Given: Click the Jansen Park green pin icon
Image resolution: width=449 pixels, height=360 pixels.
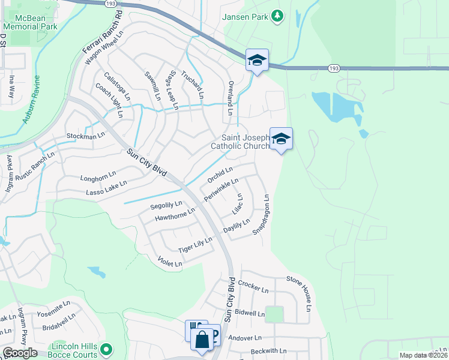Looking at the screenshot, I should point(277,15).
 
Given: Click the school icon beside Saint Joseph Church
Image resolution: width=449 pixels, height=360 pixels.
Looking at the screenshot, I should point(281,140).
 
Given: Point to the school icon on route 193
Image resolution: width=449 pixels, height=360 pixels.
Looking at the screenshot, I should point(257,61).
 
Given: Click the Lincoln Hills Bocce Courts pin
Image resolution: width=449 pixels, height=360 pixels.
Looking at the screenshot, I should point(106,349).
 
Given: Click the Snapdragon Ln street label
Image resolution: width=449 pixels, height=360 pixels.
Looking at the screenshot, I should point(262,214).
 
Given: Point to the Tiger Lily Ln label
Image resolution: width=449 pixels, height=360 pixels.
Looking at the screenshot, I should point(195,245).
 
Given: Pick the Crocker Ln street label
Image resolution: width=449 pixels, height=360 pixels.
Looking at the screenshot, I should point(253,286).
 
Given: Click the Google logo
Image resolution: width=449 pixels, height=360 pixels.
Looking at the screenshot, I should point(20,353).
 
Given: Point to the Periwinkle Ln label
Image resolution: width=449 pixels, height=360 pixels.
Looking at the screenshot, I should point(221,188).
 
